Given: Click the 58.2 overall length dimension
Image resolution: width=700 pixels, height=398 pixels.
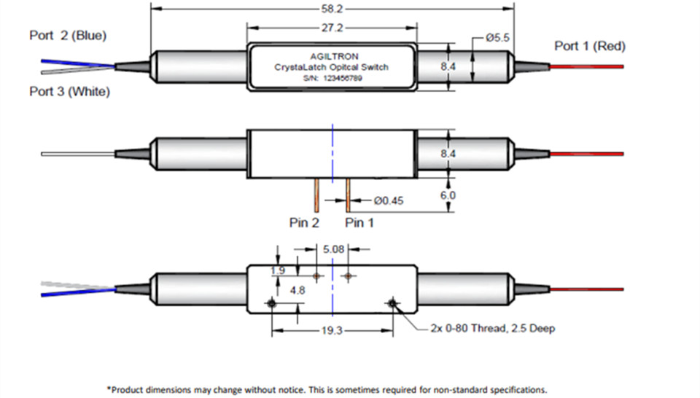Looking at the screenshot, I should (332, 10).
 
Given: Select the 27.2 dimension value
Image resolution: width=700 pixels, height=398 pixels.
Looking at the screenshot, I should (332, 28).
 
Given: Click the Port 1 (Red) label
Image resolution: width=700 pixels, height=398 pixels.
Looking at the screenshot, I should (589, 47).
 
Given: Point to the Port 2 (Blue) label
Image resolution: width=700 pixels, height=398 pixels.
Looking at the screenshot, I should (72, 35).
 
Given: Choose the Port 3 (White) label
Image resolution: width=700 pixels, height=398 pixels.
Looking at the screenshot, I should (69, 92).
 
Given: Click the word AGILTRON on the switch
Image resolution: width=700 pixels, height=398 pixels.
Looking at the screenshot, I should (332, 55).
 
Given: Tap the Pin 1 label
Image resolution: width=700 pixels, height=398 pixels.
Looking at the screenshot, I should (359, 223).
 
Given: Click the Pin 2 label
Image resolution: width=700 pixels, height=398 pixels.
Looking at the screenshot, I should (304, 223).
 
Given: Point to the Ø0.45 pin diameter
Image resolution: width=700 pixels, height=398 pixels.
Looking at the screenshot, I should (386, 199).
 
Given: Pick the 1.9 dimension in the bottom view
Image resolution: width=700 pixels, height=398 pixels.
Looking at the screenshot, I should (277, 270).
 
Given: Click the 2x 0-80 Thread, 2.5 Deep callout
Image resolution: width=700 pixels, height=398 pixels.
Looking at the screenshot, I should (492, 329).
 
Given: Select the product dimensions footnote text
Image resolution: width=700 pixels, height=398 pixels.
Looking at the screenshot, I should (326, 389).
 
